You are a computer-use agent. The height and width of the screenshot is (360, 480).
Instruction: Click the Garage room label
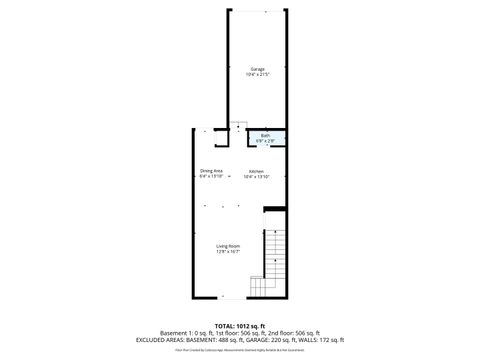pos(257,69)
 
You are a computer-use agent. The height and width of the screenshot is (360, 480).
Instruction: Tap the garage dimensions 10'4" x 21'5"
pos(257,75)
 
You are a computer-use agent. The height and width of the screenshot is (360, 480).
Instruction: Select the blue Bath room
pos(266,139)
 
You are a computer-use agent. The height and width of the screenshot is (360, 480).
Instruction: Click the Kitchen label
pos(257,171)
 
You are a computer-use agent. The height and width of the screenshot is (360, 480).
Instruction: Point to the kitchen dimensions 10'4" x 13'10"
pos(257,177)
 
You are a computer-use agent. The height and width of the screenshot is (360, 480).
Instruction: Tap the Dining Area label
pos(211,171)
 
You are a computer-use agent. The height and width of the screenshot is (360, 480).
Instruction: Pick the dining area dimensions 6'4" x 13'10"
pos(211,177)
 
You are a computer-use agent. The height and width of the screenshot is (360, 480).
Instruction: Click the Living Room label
pos(229,246)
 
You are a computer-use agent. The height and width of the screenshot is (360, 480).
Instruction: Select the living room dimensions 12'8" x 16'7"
pos(229,252)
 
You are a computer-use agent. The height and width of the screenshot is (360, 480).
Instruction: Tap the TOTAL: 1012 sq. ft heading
pos(240,326)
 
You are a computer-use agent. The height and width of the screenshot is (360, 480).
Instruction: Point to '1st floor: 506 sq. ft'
pos(238,333)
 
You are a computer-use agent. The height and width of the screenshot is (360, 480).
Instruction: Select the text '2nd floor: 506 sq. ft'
pos(296,333)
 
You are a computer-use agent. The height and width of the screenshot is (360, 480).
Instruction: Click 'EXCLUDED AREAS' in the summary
pos(159,340)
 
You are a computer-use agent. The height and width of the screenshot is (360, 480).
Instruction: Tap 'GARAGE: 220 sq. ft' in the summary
pos(271,340)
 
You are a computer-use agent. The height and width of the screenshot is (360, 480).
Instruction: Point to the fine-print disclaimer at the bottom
pos(240,350)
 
